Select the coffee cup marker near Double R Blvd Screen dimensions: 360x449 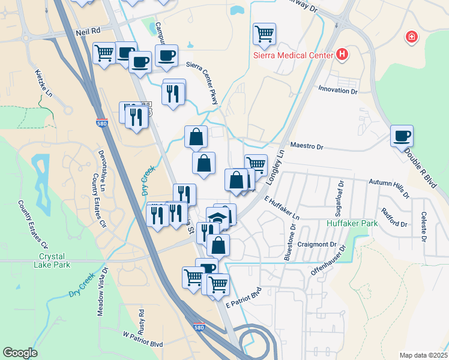tap(402, 135)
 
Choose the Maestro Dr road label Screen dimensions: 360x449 tap(307, 146)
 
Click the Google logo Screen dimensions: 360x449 tap(20, 353)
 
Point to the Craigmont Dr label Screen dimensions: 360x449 tap(320, 244)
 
